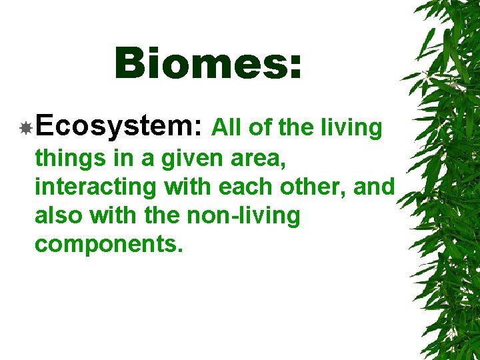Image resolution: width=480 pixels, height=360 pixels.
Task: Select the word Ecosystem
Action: (x=120, y=127)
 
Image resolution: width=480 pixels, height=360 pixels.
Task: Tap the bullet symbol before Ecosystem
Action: (x=25, y=128)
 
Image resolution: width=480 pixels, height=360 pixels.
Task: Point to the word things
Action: (x=67, y=159)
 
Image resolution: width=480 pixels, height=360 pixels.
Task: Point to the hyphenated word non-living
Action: (x=246, y=216)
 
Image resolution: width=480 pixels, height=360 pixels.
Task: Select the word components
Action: (x=107, y=245)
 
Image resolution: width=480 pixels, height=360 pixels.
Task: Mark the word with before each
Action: (x=187, y=187)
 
